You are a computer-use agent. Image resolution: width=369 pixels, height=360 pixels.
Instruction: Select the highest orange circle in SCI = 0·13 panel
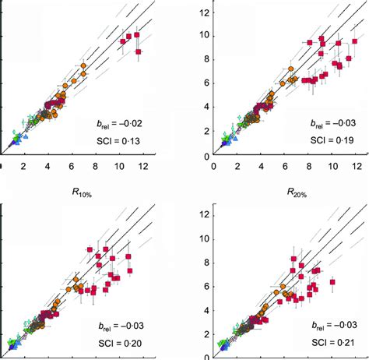click(84, 65)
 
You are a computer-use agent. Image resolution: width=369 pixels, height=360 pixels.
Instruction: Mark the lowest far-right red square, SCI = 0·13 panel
click(139, 51)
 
